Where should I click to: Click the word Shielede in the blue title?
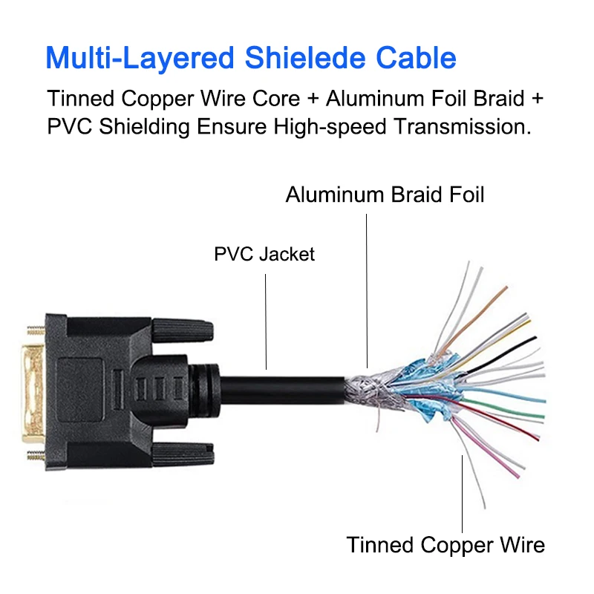coord(296,57)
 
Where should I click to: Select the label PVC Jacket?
coord(264,255)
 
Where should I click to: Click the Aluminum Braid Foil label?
coord(385,195)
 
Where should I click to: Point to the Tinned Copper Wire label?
coord(446,544)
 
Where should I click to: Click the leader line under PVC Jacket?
coord(265,319)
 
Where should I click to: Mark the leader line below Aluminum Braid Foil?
coord(366,290)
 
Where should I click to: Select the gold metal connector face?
coord(33,386)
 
